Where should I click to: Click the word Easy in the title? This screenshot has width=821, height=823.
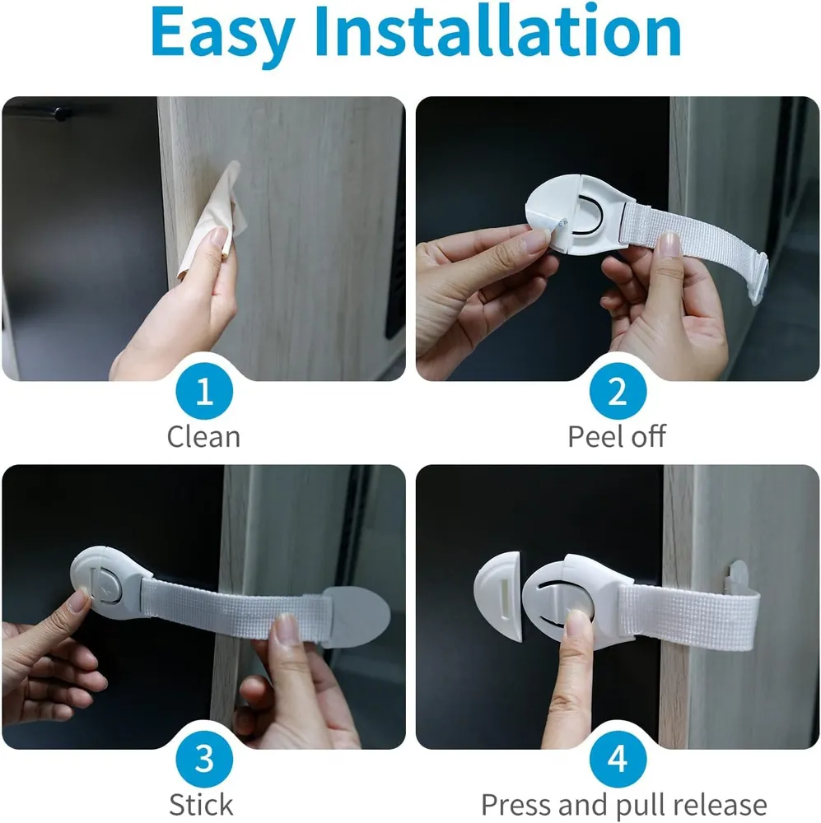222,33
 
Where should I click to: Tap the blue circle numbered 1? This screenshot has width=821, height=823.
204,391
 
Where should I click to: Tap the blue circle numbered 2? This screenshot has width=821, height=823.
618,391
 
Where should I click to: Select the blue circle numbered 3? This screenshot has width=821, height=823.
204,759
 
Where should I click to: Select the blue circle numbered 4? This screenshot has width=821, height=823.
618,759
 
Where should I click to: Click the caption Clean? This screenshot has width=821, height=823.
203,437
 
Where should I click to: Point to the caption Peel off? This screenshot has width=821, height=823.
617,436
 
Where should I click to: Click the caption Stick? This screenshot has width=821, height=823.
201,804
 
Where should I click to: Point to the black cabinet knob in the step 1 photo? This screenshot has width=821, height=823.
62,114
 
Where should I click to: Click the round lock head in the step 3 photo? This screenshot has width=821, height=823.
105,583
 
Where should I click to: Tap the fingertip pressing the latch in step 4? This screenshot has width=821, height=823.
578,620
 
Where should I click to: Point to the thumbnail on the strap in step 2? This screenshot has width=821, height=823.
669,244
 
